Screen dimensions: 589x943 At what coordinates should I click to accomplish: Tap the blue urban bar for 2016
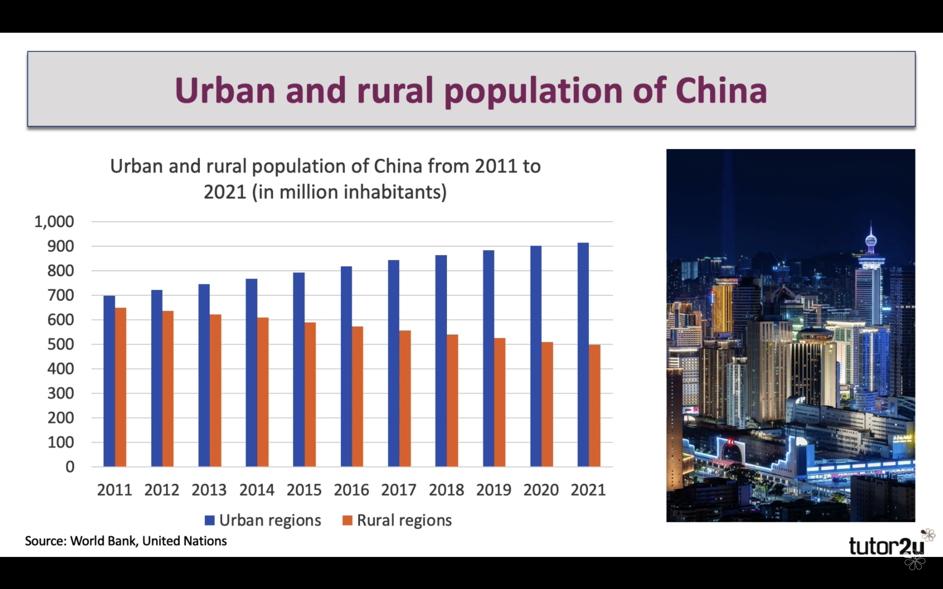click(x=346, y=366)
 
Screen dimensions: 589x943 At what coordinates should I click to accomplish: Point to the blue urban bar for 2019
click(x=488, y=358)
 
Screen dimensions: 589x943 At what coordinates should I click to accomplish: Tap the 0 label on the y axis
click(x=70, y=467)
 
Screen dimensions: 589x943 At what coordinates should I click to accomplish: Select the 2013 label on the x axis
click(x=209, y=490)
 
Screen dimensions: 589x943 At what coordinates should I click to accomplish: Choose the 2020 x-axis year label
click(x=541, y=490)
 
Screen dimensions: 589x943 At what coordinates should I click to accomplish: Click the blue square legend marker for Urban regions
click(x=210, y=520)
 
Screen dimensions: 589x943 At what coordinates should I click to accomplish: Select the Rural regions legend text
click(x=404, y=520)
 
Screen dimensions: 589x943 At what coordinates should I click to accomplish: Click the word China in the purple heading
click(x=721, y=90)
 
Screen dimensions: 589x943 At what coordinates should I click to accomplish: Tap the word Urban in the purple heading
click(x=225, y=90)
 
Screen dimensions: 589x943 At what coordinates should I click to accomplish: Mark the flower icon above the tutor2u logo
click(x=928, y=534)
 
